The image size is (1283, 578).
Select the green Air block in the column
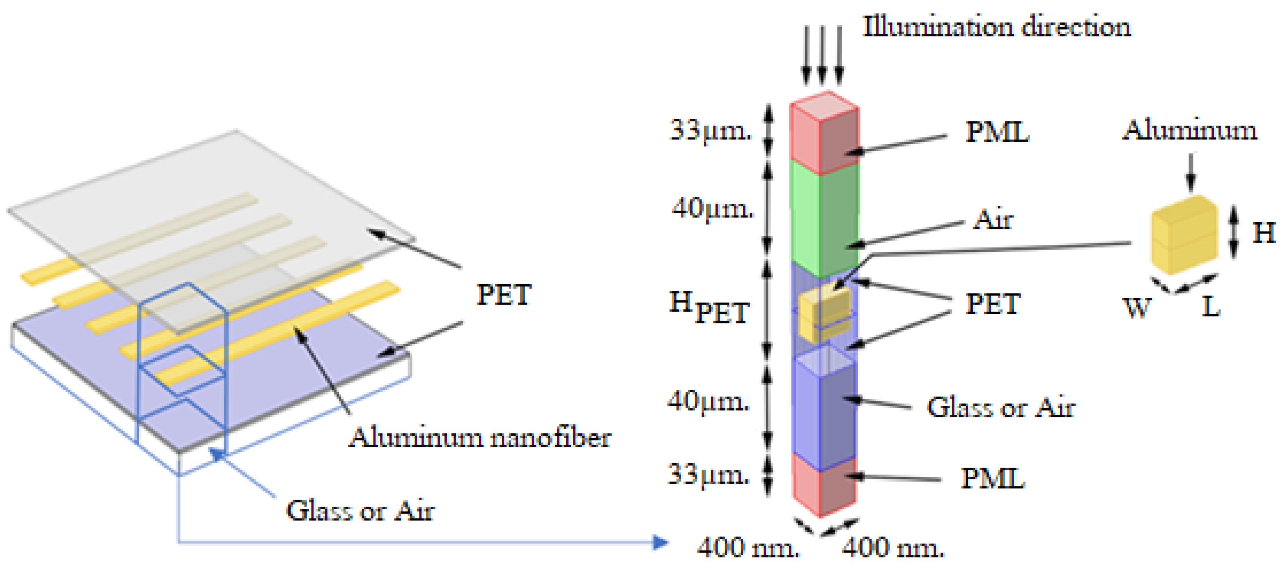tap(825, 219)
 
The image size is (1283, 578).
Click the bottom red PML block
tap(824, 485)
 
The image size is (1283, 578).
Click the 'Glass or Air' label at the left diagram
tap(360, 511)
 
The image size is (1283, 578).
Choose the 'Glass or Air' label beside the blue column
tap(1000, 408)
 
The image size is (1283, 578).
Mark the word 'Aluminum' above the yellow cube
tap(1189, 130)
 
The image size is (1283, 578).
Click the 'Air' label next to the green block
tap(993, 219)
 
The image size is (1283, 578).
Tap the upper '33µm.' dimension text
tap(710, 130)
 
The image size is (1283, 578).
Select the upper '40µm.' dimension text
tap(712, 208)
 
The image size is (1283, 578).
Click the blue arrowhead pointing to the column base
tap(660, 542)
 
